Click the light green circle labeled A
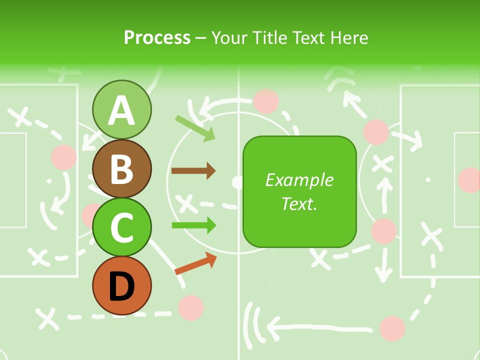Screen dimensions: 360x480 point(121,110)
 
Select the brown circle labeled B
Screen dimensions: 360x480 point(121,168)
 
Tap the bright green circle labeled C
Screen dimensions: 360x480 point(121,227)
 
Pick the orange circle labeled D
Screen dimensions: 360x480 point(121,285)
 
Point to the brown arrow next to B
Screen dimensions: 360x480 point(193,171)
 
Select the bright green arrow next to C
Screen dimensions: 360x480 point(193,225)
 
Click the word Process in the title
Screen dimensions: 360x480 point(157,37)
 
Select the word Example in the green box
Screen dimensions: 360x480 point(299,180)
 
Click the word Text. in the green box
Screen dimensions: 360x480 point(299,203)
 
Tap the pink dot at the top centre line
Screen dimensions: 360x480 point(266,101)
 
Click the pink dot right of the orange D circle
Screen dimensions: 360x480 point(191,307)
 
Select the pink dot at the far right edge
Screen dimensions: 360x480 point(470,180)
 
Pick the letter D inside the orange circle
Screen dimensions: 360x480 point(121,286)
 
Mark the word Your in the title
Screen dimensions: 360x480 point(230,37)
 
